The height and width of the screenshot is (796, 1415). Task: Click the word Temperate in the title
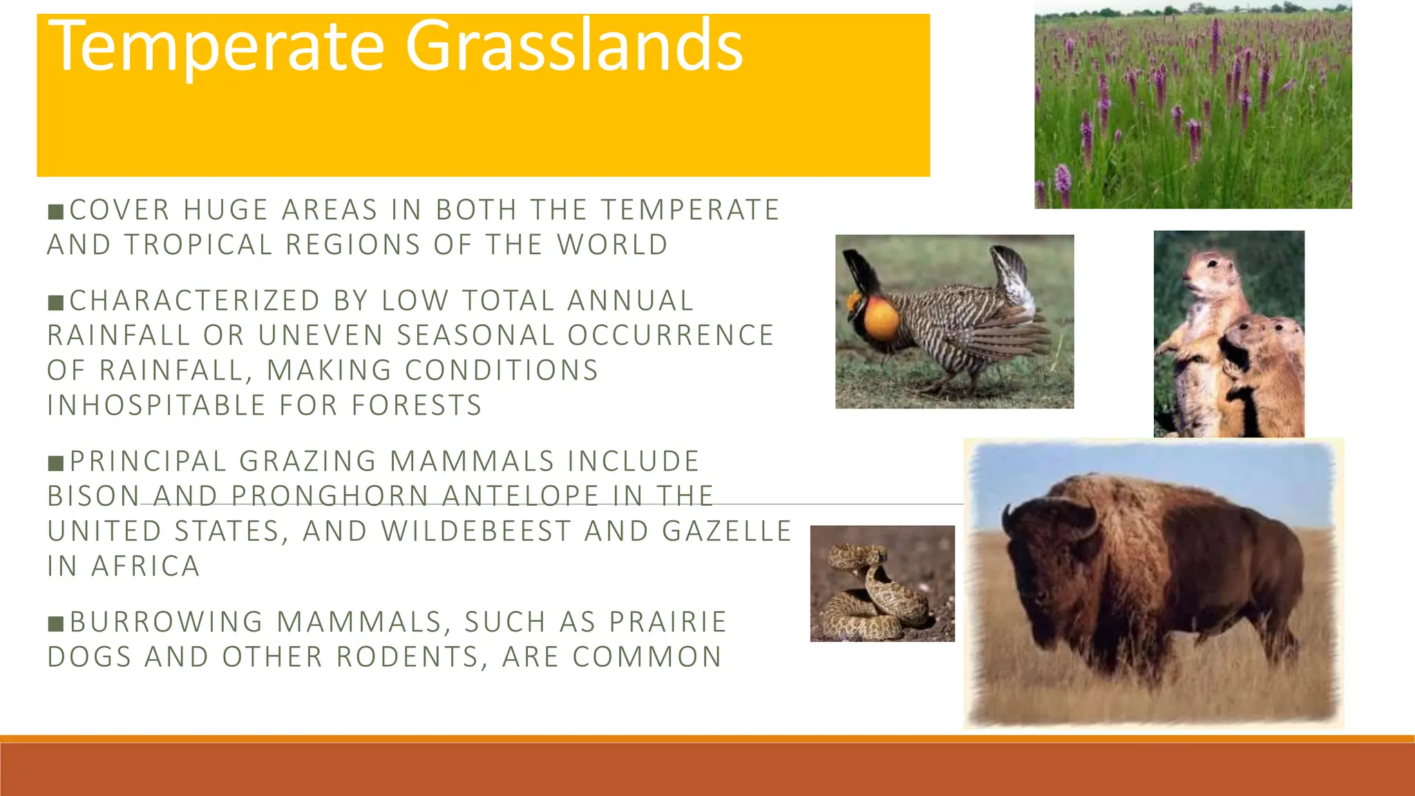216,46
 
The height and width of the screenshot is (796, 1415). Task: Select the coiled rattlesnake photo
882,584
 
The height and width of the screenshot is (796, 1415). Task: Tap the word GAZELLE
726,531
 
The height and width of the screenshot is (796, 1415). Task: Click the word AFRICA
146,567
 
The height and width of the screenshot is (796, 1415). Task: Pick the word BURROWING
167,622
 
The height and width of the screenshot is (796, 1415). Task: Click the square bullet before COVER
56,211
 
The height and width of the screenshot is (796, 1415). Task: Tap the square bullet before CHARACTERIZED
56,302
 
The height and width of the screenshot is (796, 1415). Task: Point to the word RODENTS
408,657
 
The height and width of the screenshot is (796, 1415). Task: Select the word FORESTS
417,406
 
